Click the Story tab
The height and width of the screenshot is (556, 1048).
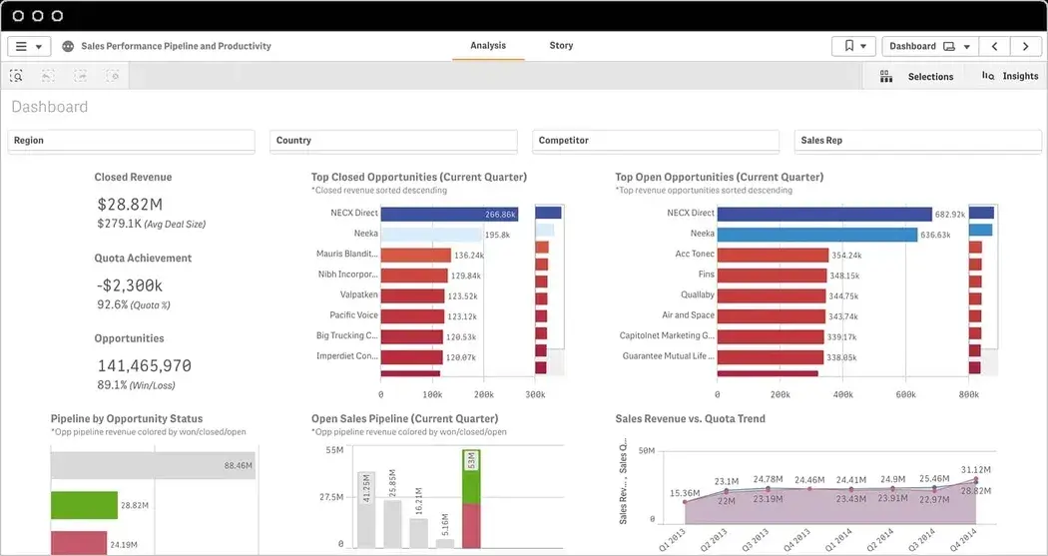click(x=561, y=46)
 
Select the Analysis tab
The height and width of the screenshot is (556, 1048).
click(x=488, y=46)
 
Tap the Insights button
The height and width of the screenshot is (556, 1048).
click(x=1010, y=76)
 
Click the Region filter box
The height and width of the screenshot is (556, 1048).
click(x=132, y=141)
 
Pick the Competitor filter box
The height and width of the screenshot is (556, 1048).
click(x=656, y=141)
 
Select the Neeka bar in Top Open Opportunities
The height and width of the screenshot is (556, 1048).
click(x=816, y=235)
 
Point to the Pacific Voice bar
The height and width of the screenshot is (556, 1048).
click(x=412, y=316)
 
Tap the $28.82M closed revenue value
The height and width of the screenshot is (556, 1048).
click(x=131, y=204)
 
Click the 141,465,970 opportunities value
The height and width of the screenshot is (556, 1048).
click(x=144, y=366)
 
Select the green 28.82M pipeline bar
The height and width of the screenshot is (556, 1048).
click(x=84, y=505)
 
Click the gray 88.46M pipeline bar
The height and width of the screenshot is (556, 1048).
click(x=153, y=465)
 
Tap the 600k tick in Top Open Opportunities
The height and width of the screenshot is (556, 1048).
click(x=905, y=395)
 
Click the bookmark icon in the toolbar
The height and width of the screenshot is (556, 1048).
click(x=848, y=46)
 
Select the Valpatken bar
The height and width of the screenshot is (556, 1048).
click(x=412, y=295)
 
